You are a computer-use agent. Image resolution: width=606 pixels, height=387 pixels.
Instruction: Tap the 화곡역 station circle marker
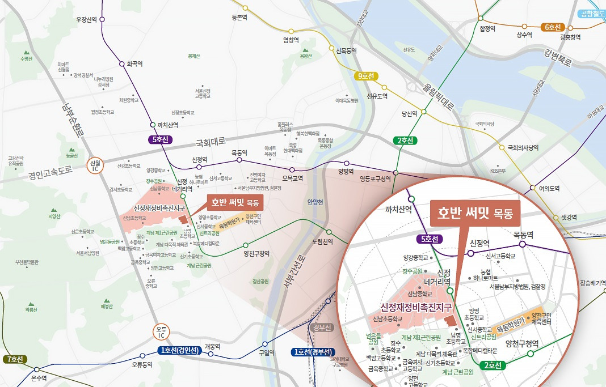(x=121, y=63)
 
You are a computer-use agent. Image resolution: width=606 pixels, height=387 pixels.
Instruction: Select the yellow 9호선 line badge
(x=367, y=76)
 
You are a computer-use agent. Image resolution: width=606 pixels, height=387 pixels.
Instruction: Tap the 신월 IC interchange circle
(x=94, y=165)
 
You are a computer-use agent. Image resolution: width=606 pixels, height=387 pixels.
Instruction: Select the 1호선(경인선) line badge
(x=178, y=351)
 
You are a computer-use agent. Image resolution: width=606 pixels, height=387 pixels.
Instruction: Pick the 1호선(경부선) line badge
(x=313, y=352)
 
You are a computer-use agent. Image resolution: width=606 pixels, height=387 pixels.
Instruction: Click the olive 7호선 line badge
(x=15, y=359)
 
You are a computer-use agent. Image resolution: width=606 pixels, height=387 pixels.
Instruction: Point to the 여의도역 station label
(x=549, y=189)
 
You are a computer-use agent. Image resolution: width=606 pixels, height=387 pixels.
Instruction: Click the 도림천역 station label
(x=321, y=241)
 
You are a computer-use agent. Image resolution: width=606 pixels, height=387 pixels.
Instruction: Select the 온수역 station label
(x=39, y=378)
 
